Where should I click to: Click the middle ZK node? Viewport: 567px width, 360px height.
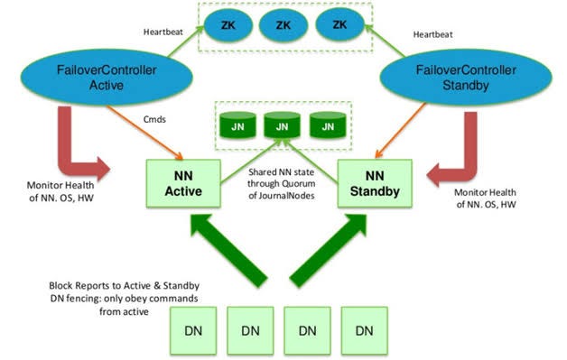[283, 24]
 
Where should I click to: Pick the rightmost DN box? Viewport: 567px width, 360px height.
[365, 331]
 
